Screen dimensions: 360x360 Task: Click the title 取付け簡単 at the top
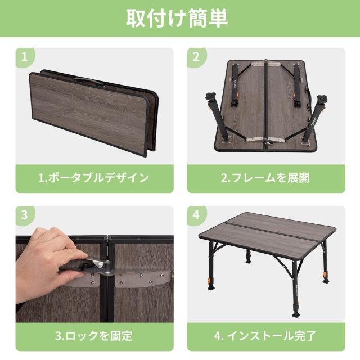(x=179, y=18)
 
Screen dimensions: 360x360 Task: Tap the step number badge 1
(x=24, y=56)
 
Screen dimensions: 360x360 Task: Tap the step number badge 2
(x=196, y=56)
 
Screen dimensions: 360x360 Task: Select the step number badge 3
(x=24, y=215)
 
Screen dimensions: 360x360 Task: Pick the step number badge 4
(x=196, y=215)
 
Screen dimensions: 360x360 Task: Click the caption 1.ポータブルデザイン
(x=93, y=178)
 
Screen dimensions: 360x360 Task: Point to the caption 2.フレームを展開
(x=265, y=178)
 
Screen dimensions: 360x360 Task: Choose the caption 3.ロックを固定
(x=93, y=336)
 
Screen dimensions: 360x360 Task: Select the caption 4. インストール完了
(x=265, y=336)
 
